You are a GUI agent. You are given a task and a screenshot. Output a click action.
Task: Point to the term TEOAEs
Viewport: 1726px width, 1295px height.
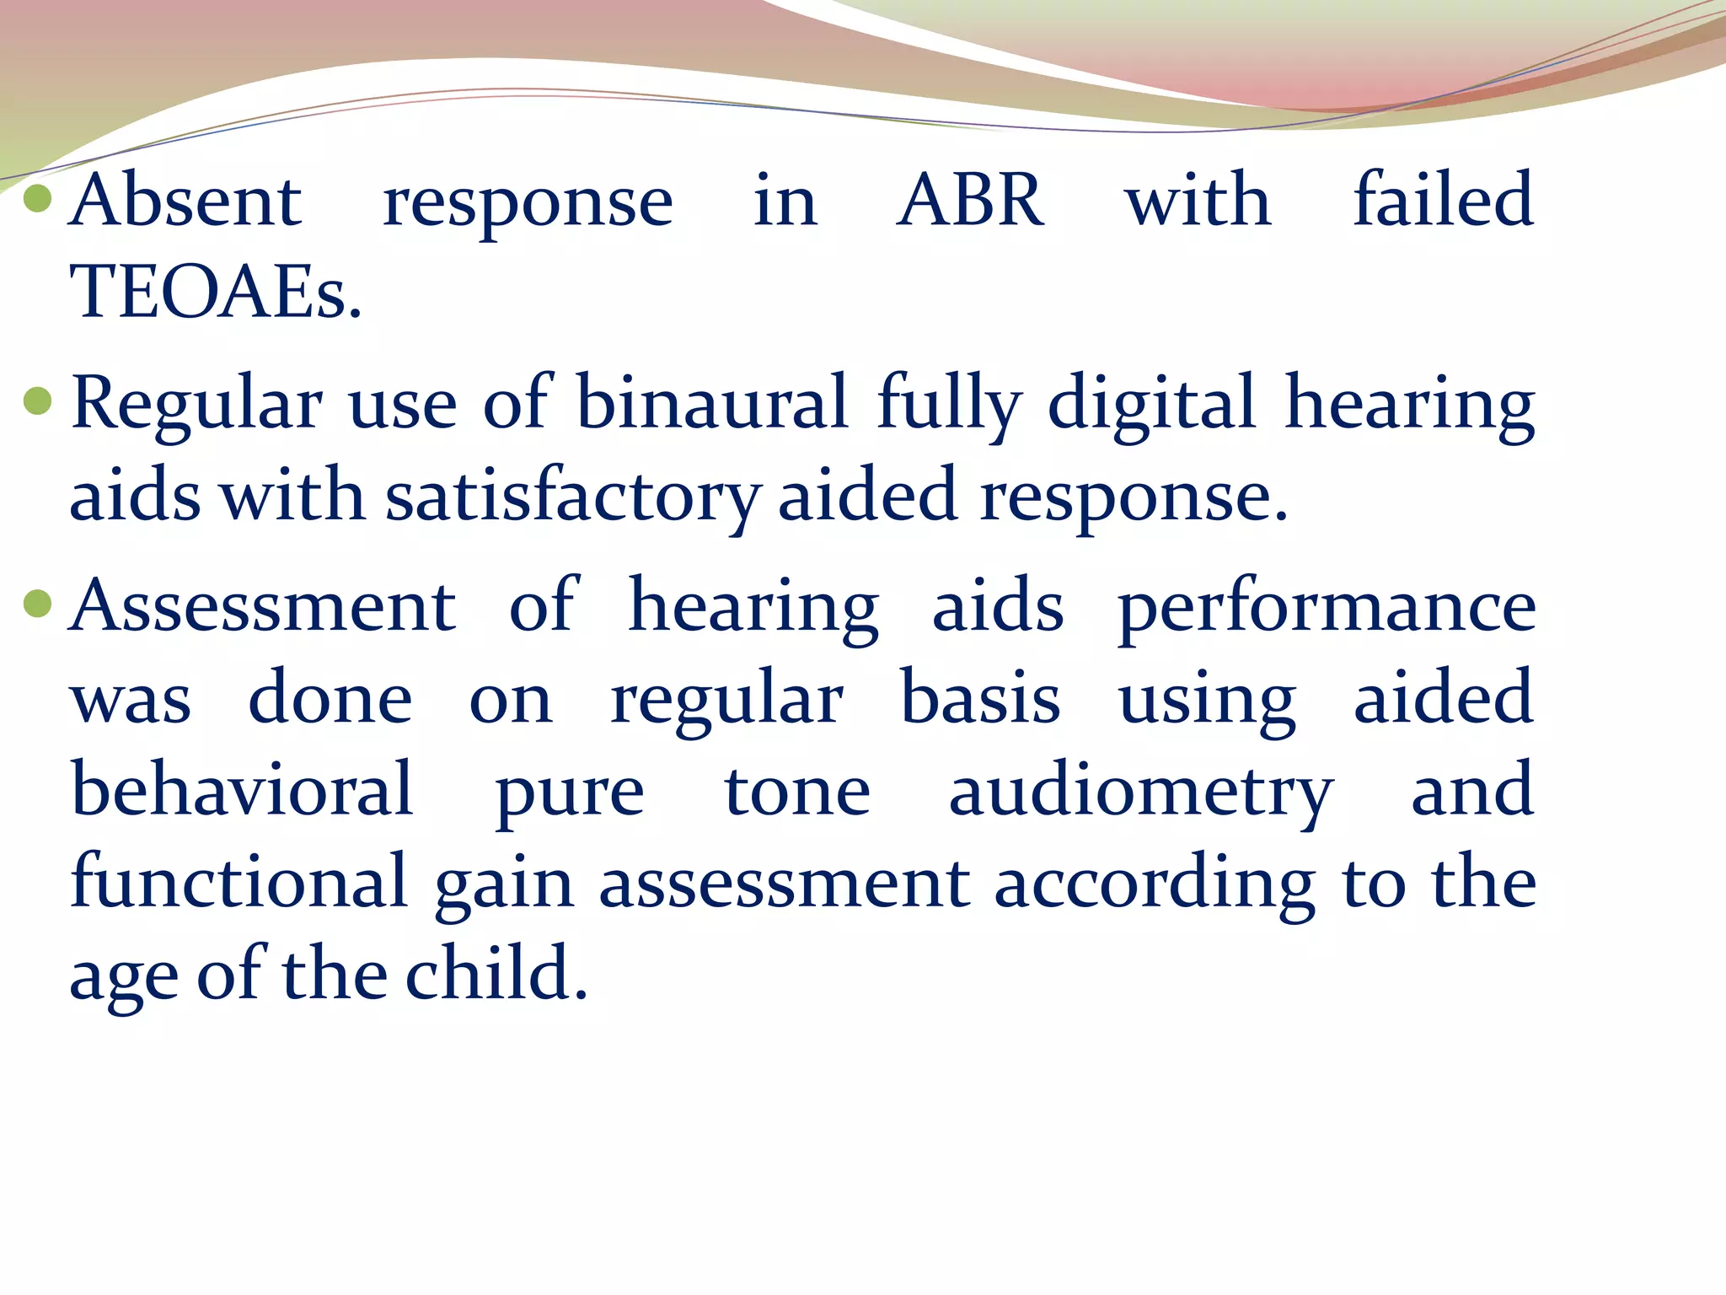point(216,292)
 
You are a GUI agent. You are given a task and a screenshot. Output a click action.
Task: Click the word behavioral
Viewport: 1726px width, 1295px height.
point(242,789)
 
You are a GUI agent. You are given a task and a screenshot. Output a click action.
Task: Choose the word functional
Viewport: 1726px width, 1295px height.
point(239,882)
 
